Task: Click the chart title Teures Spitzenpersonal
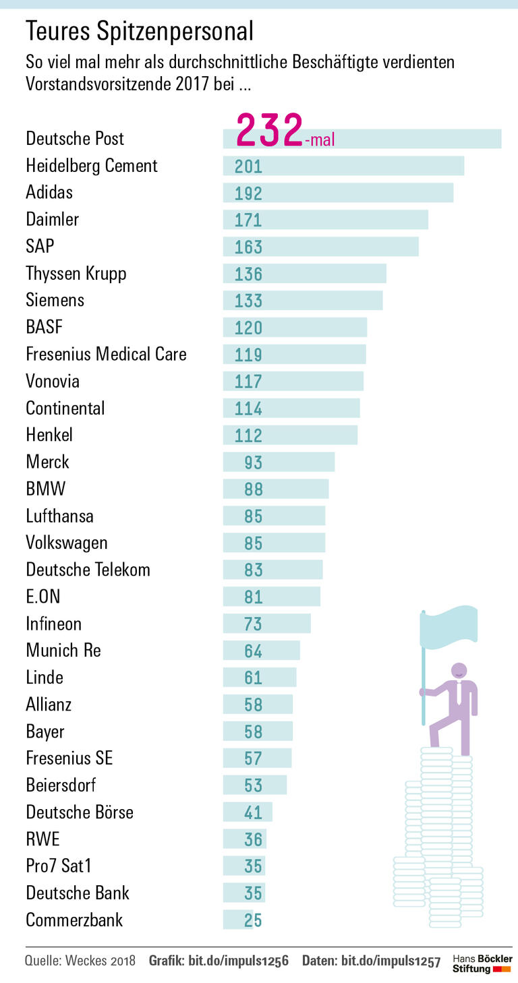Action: tap(140, 31)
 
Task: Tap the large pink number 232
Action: tap(269, 130)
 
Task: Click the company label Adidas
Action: tap(49, 192)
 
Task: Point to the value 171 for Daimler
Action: tap(248, 220)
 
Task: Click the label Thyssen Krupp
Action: tap(76, 273)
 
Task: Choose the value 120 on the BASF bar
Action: tap(248, 328)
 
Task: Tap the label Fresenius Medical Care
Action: tap(106, 354)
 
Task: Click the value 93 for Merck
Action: tap(253, 463)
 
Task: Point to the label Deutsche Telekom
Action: tap(88, 570)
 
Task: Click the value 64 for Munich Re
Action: tap(253, 651)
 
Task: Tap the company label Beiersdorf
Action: tap(61, 785)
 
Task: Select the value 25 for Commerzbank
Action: tap(253, 920)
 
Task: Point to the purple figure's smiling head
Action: tap(459, 671)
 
